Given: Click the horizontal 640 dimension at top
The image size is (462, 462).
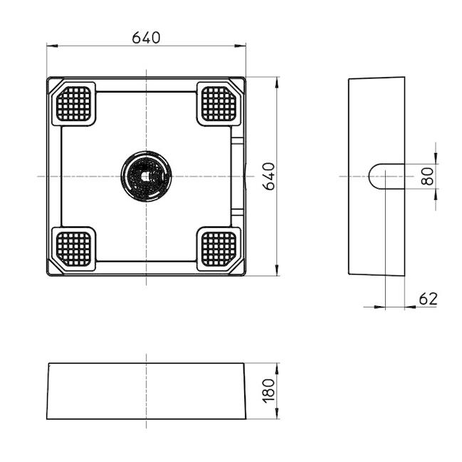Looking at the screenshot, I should tap(146, 36).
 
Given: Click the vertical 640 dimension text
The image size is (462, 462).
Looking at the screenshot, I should tap(269, 176).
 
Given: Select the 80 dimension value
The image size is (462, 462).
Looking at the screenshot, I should tap(428, 176).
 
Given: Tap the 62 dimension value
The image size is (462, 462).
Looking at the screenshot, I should tap(428, 298).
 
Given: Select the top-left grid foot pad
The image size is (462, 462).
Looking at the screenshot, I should tap(75, 104).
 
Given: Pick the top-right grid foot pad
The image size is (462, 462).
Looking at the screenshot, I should tap(217, 104).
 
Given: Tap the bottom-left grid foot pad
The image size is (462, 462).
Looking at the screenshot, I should tap(75, 248).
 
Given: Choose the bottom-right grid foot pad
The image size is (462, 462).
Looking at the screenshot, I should tap(217, 248).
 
